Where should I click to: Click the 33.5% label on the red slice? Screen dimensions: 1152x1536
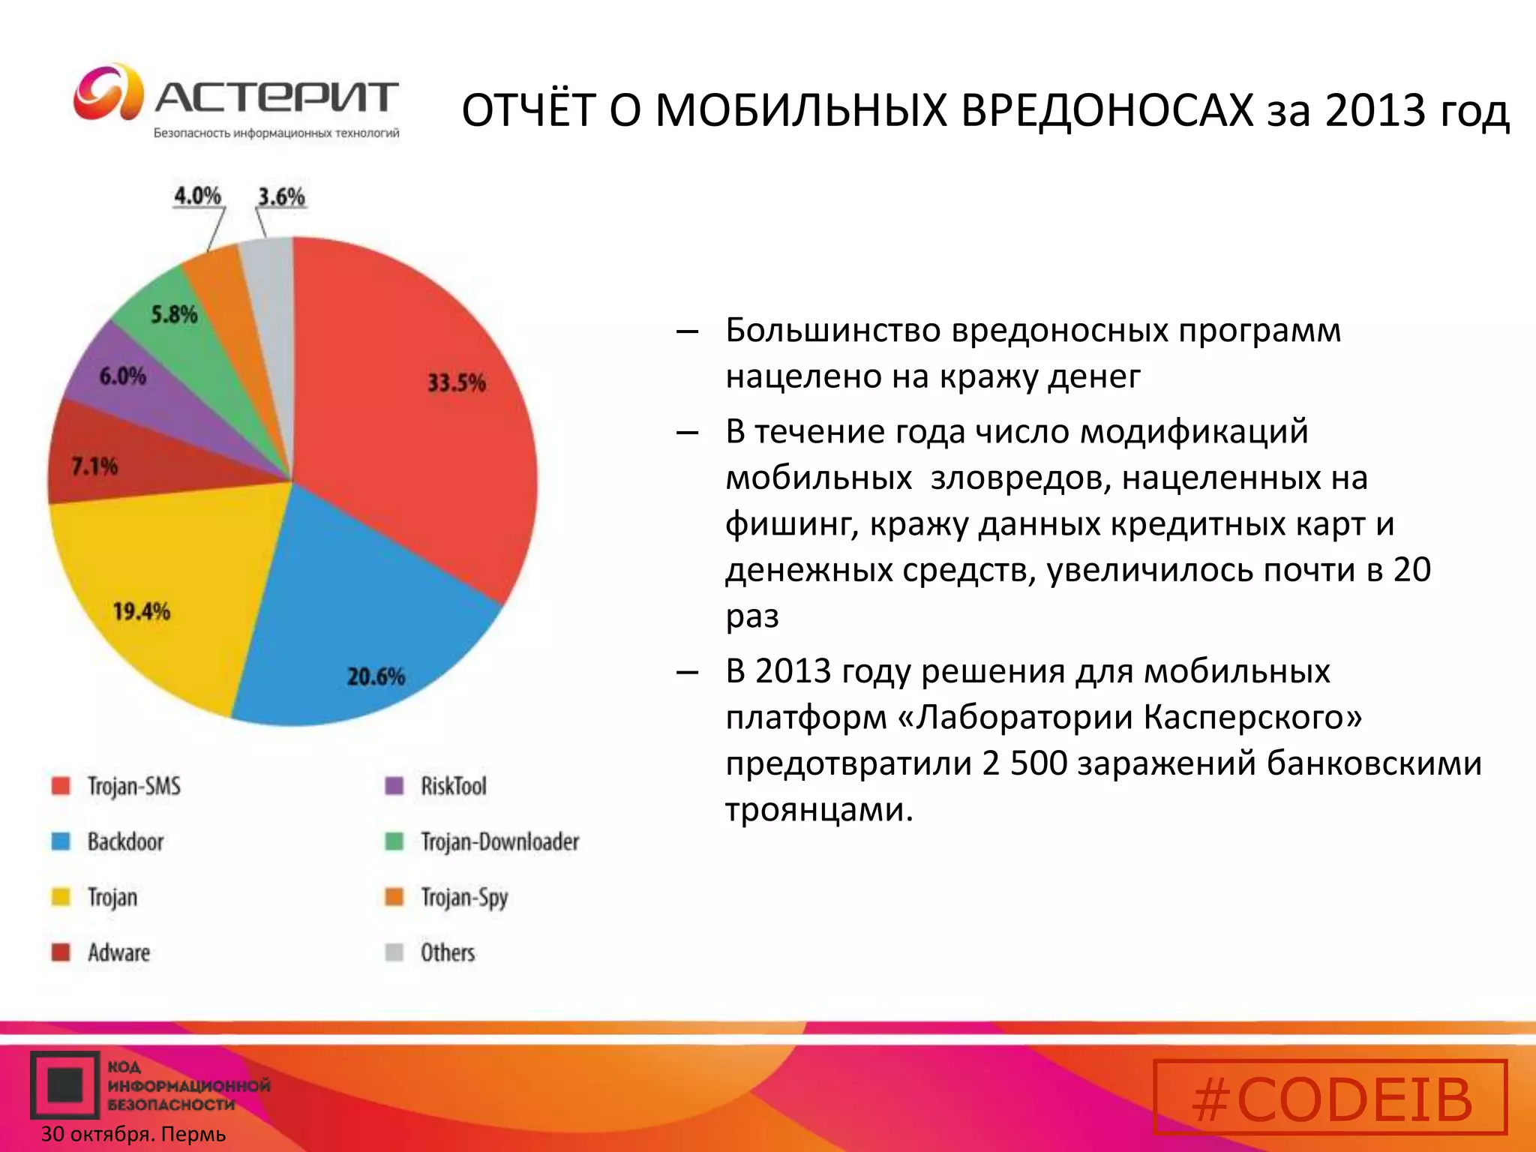[456, 382]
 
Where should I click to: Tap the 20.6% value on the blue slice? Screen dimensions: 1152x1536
[375, 676]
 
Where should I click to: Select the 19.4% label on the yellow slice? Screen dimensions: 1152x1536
[141, 611]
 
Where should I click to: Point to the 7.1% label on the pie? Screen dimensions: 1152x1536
[94, 466]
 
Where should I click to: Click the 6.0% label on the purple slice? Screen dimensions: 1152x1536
[122, 375]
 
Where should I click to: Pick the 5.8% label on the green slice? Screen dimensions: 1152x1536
[174, 313]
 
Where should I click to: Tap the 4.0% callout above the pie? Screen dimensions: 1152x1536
[197, 196]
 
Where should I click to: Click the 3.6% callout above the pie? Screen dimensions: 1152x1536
[281, 196]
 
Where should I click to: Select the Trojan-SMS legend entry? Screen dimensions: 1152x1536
[133, 786]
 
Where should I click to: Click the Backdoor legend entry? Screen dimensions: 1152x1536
[125, 841]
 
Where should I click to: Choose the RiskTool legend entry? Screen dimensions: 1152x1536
[453, 786]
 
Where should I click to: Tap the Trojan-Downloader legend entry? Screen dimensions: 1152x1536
[499, 841]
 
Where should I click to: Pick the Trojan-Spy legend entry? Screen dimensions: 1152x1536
[463, 897]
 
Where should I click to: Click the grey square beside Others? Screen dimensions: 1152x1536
[394, 952]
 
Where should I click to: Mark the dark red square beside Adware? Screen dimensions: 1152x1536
[61, 952]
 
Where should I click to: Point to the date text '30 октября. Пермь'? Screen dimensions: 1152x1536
[133, 1134]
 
